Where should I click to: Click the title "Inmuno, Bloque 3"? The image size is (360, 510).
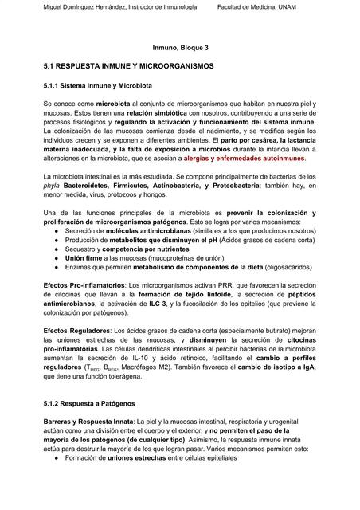pos(179,48)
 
